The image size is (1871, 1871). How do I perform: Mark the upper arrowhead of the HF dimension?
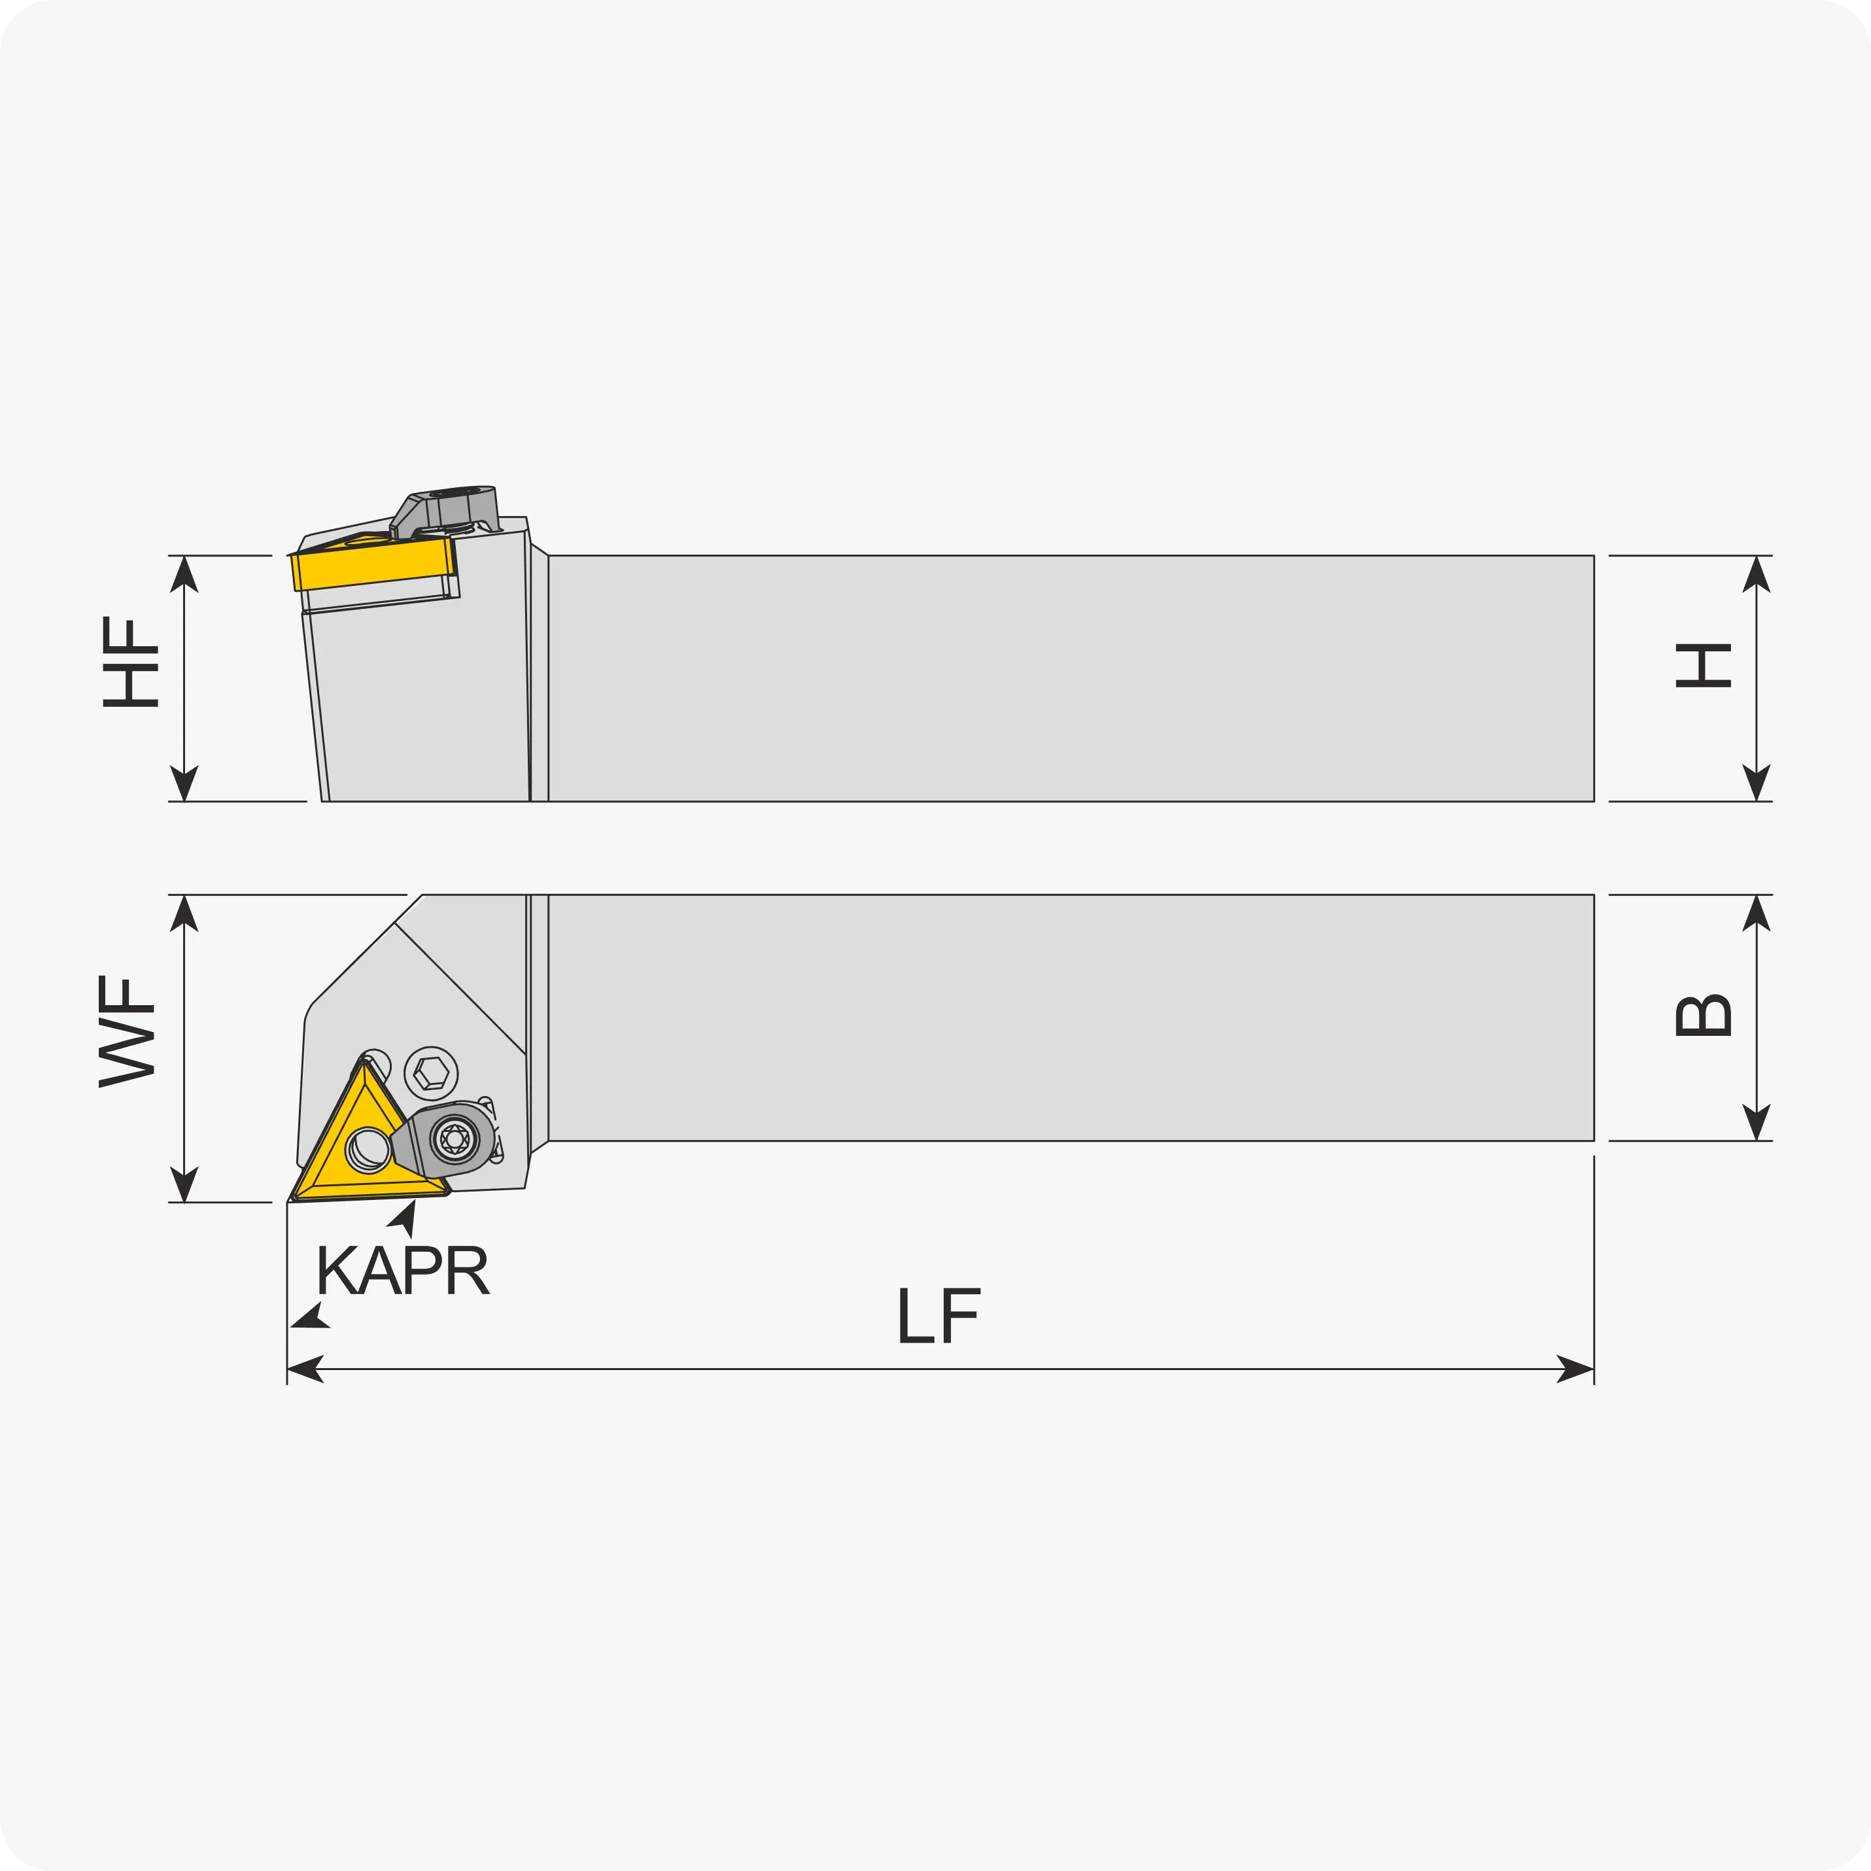(184, 574)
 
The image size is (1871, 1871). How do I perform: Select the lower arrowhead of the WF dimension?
(184, 1184)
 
